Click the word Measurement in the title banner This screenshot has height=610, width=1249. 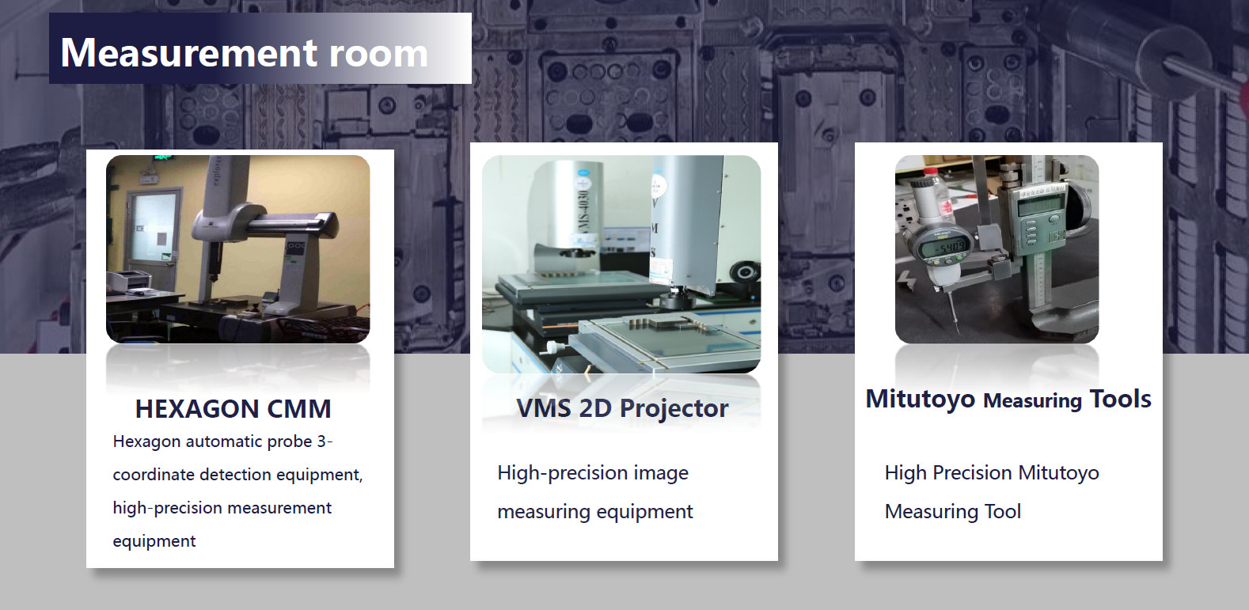[x=189, y=53]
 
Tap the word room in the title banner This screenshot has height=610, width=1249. [x=378, y=54]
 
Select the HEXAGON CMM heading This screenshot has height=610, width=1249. [x=233, y=409]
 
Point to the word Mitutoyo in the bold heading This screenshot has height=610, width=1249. [x=920, y=400]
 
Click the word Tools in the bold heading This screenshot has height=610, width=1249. [x=1120, y=399]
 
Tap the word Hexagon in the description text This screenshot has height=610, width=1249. [x=146, y=442]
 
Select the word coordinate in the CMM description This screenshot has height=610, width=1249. [x=154, y=475]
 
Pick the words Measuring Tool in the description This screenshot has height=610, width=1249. [x=953, y=511]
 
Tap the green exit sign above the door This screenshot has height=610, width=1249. [x=163, y=159]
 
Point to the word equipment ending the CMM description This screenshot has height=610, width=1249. [x=154, y=541]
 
